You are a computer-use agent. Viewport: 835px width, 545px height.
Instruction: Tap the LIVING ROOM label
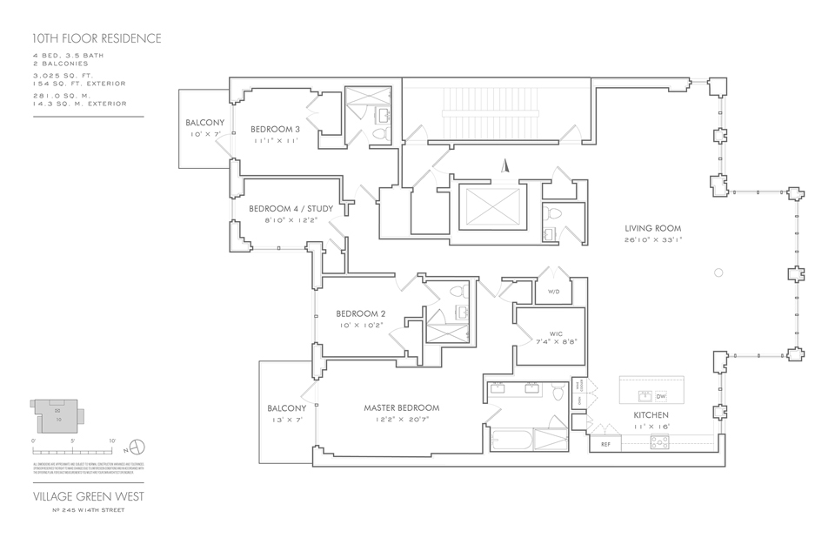point(652,228)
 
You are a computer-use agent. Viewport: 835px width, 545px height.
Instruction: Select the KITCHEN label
point(651,415)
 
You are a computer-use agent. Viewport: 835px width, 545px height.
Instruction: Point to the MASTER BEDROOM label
point(401,407)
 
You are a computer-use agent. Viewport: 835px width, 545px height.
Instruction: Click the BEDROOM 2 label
point(360,314)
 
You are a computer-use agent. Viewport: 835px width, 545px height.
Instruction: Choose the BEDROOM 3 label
point(275,130)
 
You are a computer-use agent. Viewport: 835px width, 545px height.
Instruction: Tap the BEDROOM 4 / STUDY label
point(291,209)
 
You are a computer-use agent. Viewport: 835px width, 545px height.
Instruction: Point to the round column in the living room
point(718,273)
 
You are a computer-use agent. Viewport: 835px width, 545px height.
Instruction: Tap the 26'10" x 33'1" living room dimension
point(652,239)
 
